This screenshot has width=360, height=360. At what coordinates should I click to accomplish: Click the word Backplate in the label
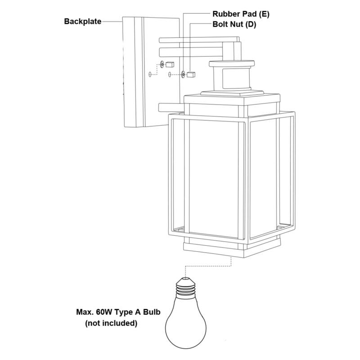tap(83, 21)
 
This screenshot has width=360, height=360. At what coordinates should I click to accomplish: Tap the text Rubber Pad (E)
tap(241, 14)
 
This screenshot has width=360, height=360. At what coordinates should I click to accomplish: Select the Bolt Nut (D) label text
tap(234, 25)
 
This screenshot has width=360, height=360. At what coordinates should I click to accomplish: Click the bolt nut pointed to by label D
tap(191, 74)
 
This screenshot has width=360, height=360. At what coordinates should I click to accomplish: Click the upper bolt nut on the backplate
tap(170, 64)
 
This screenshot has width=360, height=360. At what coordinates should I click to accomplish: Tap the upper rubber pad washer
tap(162, 64)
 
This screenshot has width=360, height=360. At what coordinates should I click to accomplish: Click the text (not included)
tap(111, 324)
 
